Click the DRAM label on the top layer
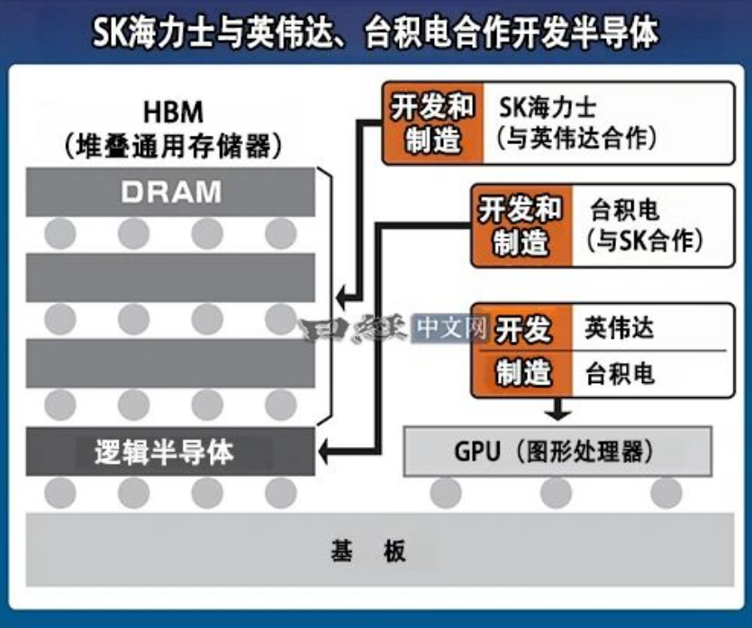[171, 192]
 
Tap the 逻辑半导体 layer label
[164, 452]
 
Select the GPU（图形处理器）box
[557, 451]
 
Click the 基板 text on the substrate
[368, 551]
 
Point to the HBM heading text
[173, 113]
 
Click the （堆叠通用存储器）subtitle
[173, 145]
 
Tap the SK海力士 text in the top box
[548, 107]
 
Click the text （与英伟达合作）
[575, 138]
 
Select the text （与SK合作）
[644, 240]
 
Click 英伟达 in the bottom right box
[619, 328]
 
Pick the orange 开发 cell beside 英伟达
[522, 329]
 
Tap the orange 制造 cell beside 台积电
[522, 373]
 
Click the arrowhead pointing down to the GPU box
[557, 414]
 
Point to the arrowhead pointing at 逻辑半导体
[323, 451]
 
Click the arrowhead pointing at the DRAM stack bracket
[341, 298]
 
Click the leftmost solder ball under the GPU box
[446, 493]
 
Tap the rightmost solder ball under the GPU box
[666, 493]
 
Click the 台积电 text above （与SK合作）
[624, 210]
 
